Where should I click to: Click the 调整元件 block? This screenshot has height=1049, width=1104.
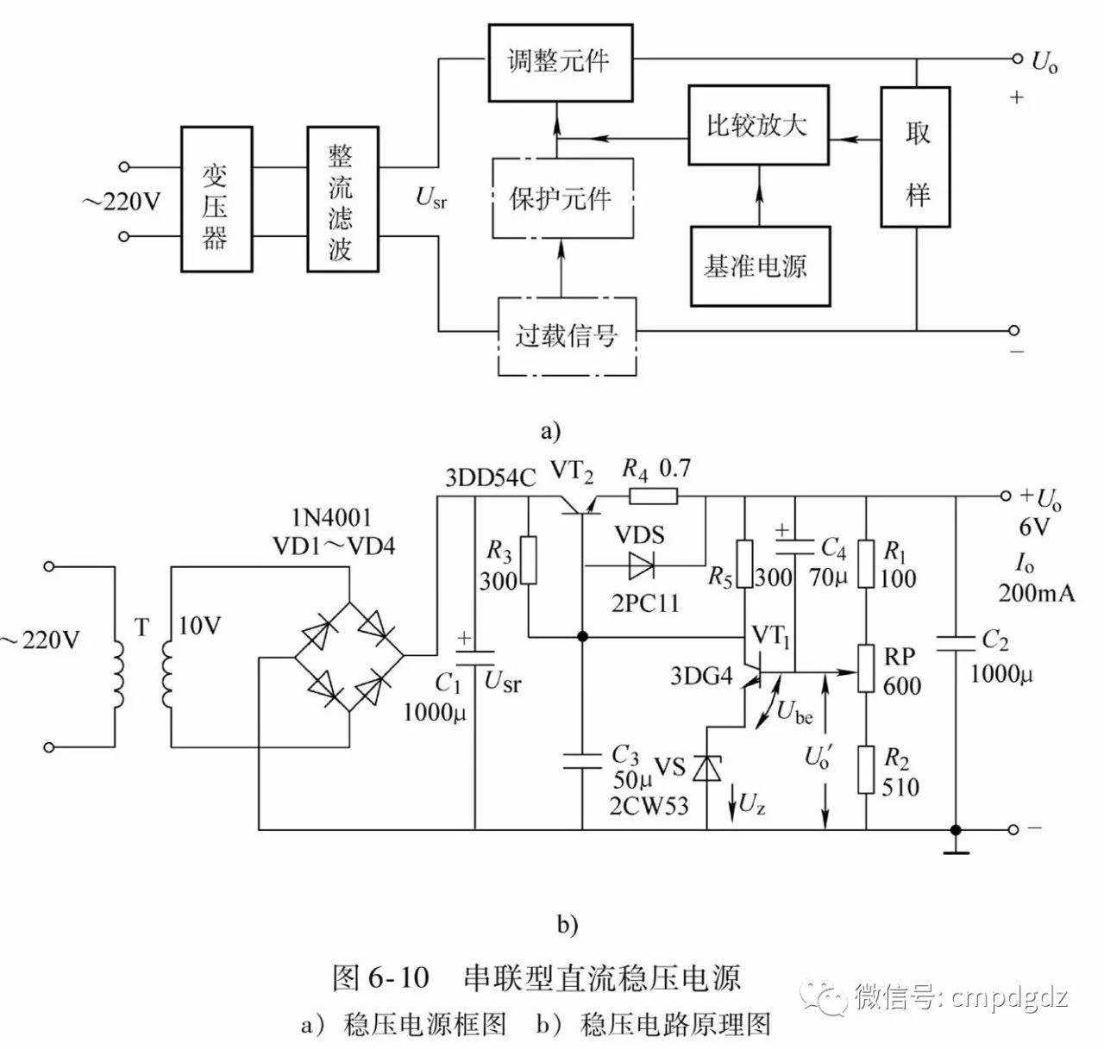[x=558, y=61]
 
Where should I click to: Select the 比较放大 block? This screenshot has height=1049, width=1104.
[x=757, y=125]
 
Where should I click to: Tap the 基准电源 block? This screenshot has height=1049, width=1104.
[x=759, y=265]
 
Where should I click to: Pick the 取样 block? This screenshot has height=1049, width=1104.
[x=915, y=157]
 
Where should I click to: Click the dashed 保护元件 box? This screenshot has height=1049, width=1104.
[x=561, y=198]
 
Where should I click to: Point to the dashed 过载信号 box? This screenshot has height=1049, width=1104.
[x=567, y=336]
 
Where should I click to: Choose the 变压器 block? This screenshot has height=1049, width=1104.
[x=216, y=199]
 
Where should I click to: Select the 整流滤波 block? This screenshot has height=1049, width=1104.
[x=341, y=199]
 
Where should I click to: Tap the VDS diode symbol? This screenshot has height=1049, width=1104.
[x=642, y=565]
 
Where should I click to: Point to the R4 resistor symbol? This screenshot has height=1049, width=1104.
[x=653, y=496]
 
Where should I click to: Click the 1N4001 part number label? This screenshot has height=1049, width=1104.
[x=332, y=517]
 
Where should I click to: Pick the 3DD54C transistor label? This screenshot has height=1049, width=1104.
[x=489, y=478]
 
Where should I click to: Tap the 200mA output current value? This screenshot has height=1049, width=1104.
[x=1036, y=592]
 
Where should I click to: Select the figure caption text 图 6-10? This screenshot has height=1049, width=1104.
[x=380, y=977]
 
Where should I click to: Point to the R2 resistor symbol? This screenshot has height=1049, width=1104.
[x=866, y=770]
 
